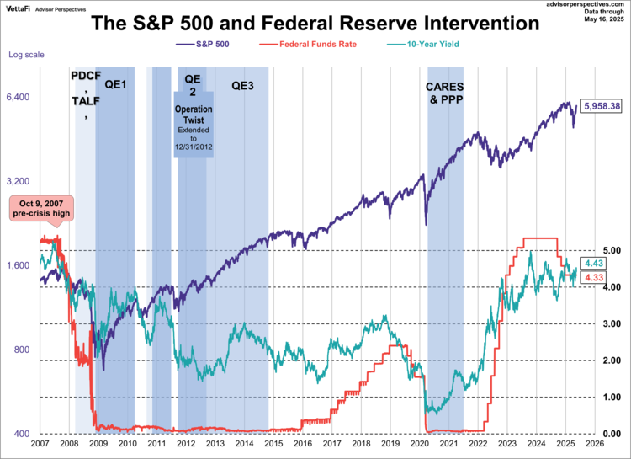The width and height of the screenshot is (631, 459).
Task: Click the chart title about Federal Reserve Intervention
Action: click(x=315, y=24)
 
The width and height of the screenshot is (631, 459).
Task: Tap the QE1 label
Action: click(x=116, y=84)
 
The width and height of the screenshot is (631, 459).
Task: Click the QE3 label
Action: click(x=243, y=84)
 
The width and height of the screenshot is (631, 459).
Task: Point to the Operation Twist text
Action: click(x=192, y=115)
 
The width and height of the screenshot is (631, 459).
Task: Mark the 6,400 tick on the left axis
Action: click(x=19, y=98)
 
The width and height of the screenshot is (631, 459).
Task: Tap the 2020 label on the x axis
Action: click(x=419, y=443)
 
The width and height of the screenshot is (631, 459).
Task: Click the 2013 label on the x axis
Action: click(x=215, y=443)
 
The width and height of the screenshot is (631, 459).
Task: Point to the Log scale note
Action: click(x=26, y=55)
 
